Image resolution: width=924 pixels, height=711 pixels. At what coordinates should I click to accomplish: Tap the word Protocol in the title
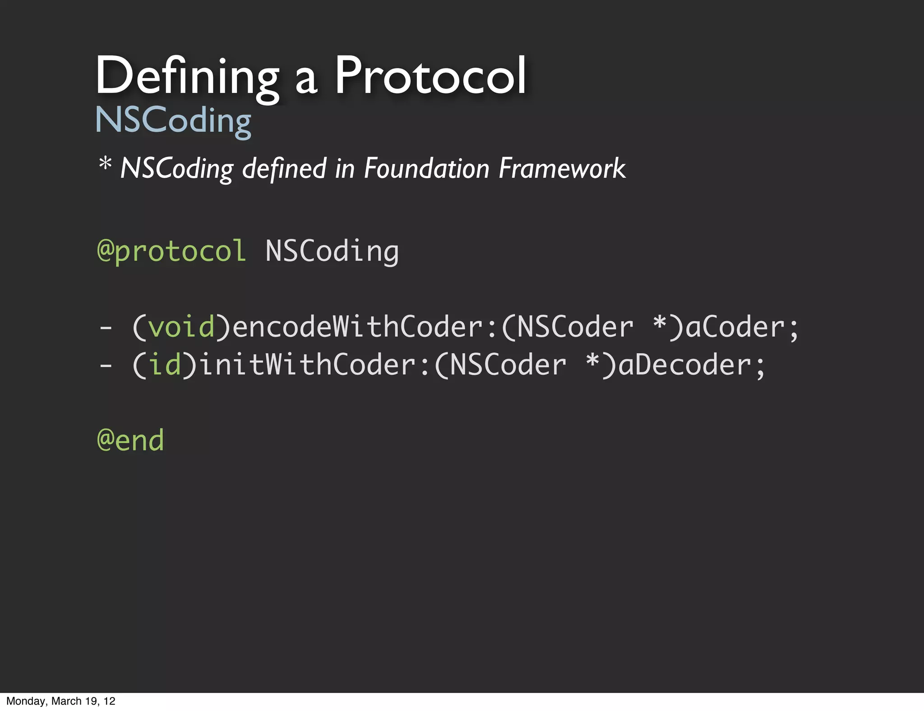click(x=430, y=76)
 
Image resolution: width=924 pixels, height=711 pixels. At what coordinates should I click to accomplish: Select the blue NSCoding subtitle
click(x=173, y=120)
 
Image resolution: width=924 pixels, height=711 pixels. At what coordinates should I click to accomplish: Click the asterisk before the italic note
click(x=105, y=164)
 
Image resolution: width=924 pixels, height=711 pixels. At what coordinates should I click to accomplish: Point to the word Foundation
click(x=426, y=168)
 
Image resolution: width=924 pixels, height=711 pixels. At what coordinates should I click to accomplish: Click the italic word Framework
click(x=562, y=168)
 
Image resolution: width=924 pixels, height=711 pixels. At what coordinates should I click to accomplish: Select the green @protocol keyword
click(x=171, y=251)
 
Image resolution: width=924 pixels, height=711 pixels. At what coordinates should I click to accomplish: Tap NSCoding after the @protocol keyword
click(x=332, y=251)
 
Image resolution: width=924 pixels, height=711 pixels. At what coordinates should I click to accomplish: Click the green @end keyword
click(x=130, y=440)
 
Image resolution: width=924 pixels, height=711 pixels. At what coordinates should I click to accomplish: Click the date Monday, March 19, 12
click(x=61, y=701)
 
